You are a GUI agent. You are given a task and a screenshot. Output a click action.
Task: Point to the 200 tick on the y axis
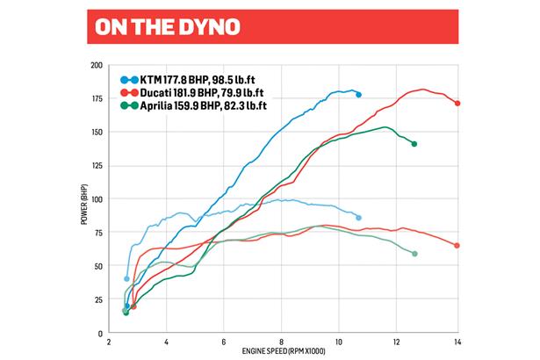97,66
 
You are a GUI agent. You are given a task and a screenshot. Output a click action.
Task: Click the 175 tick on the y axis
97,99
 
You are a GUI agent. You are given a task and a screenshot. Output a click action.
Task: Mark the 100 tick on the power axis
97,199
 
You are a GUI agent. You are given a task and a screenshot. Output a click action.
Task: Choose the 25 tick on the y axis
98,299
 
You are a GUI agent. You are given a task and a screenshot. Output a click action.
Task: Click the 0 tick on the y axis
101,333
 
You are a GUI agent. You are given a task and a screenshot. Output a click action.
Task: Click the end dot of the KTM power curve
359,94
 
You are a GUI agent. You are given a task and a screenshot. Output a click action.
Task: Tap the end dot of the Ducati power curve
457,103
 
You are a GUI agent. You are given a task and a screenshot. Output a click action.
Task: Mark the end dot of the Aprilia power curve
414,143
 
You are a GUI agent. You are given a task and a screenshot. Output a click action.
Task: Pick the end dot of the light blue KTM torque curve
359,218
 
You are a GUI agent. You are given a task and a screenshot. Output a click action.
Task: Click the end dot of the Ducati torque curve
457,246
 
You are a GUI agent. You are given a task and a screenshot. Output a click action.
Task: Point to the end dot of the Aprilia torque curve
414,254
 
